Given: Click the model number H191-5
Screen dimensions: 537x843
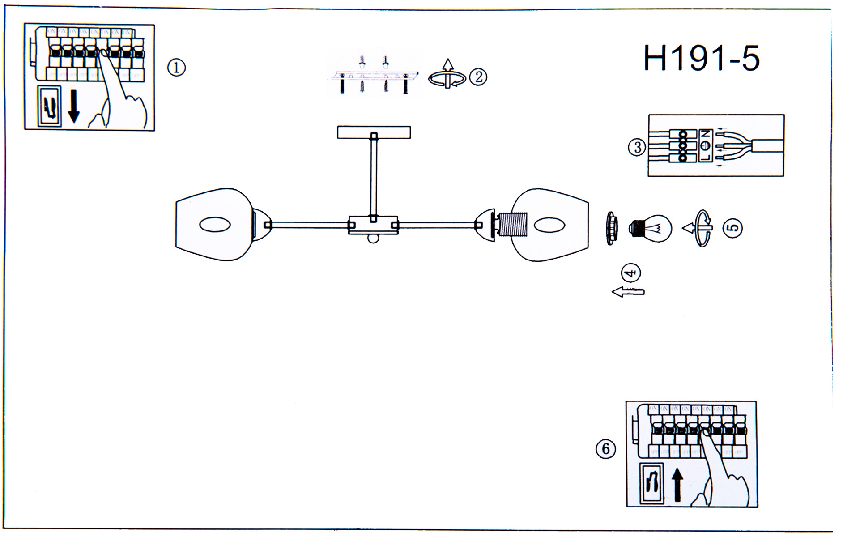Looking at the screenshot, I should (701, 59).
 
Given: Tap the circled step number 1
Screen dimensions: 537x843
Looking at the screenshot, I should (176, 68).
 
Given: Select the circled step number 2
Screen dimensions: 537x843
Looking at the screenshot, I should (478, 77).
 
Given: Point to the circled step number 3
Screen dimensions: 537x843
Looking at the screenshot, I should (637, 147).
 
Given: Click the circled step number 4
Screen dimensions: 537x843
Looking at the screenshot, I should (631, 273).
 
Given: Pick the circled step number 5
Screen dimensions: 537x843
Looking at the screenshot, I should (732, 228).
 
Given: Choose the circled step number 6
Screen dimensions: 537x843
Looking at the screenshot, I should (606, 448).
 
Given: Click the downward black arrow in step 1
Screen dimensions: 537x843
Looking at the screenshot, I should (74, 106).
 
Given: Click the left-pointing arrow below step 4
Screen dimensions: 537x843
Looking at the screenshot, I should (628, 292).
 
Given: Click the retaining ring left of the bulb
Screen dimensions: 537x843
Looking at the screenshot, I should (612, 229).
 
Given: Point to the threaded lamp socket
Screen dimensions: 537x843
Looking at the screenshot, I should (513, 225).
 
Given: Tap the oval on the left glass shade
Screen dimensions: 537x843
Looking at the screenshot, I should (215, 225).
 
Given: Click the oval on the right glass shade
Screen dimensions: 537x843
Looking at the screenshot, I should (549, 225).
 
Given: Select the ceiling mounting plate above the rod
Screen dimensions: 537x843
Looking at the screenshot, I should (374, 132).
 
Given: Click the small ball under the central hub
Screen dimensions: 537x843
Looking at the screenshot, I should (373, 238).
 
